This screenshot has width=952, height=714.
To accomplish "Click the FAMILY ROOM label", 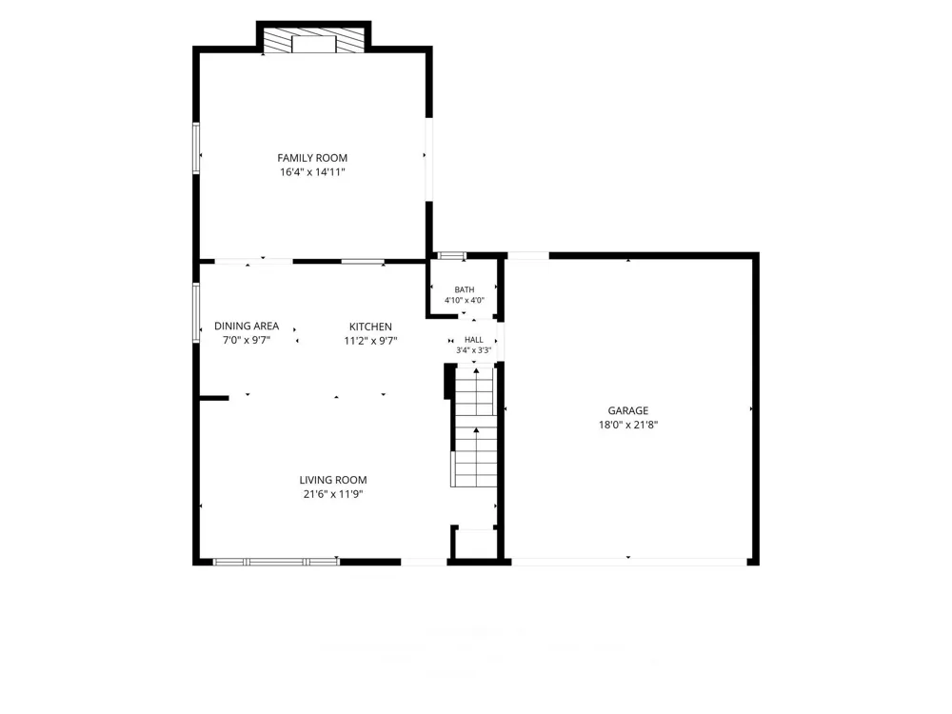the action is (312, 158).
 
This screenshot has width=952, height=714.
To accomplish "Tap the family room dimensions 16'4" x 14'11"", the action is (312, 171).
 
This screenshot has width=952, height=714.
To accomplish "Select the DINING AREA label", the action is (247, 326).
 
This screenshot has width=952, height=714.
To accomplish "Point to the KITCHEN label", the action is (370, 327).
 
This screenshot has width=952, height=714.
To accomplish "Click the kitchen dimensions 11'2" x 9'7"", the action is (370, 341).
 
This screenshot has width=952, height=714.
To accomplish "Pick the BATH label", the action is (465, 289).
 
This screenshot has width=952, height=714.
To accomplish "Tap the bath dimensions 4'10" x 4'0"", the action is (465, 300).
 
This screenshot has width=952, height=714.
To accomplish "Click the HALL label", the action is (474, 340).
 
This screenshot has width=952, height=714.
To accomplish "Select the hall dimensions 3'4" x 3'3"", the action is (473, 350).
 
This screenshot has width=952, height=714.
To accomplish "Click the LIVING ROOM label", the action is (332, 480).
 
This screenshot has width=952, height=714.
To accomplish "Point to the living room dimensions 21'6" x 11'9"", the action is (332, 494).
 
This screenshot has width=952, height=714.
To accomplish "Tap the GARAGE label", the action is (627, 410).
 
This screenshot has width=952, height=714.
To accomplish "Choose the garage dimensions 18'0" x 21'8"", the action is (627, 425).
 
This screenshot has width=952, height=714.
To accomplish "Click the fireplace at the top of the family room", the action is (314, 39).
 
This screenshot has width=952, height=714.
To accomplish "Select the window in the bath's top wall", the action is (452, 255).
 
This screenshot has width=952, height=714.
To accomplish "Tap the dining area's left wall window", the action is (196, 312).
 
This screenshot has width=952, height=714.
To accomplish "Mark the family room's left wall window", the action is (196, 149).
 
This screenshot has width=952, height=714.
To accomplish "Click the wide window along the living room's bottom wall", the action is (276, 563).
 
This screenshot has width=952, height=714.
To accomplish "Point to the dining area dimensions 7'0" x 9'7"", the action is (247, 341).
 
